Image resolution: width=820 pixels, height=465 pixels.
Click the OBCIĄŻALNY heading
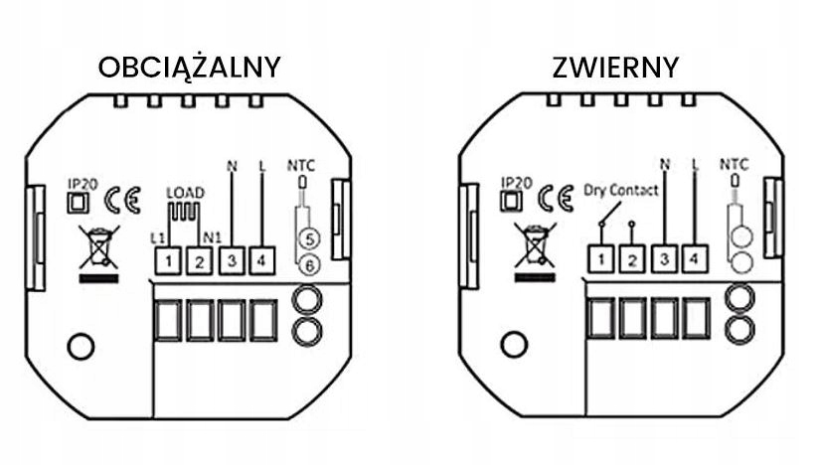click(189, 67)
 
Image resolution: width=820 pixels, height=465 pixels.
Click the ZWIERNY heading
click(616, 67)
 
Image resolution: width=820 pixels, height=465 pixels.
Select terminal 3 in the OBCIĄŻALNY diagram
click(231, 261)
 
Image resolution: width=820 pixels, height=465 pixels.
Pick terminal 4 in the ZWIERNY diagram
click(695, 259)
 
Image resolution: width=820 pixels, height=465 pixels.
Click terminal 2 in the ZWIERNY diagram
click(632, 260)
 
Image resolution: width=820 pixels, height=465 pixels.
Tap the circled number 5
click(309, 238)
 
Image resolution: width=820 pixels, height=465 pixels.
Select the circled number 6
click(309, 265)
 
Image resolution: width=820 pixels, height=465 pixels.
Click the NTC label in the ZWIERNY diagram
click(734, 165)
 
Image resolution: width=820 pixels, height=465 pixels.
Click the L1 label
click(157, 237)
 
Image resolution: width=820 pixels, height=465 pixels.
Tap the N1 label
click(210, 237)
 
